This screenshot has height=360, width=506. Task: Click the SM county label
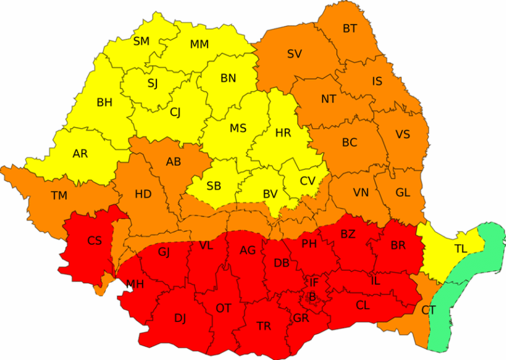(141, 41)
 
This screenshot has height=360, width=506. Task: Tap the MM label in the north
(199, 45)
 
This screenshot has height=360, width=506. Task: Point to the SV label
(294, 54)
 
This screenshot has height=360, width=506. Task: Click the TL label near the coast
(460, 249)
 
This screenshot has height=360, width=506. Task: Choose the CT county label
(429, 309)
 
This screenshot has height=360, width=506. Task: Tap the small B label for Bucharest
(312, 298)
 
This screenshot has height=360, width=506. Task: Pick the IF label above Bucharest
(314, 282)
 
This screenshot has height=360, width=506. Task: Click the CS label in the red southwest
(94, 241)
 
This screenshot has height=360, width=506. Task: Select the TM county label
(59, 196)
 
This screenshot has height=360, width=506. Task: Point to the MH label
(135, 285)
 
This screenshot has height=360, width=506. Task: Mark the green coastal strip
(465, 282)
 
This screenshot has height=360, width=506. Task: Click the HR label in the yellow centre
(283, 133)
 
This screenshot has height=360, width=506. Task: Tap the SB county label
(214, 186)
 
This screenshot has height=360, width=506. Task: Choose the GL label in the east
(402, 192)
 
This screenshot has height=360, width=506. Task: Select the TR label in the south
(264, 326)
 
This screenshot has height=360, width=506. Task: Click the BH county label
(104, 102)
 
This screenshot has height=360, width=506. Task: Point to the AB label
(173, 162)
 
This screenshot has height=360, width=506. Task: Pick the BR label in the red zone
(398, 245)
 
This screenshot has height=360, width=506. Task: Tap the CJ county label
(175, 111)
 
